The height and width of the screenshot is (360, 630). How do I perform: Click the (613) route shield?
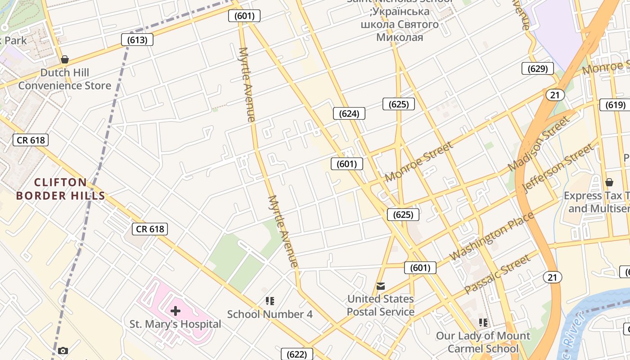(137, 40)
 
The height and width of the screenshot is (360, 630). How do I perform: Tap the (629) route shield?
(537, 68)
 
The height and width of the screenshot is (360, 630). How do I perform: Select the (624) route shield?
(349, 113)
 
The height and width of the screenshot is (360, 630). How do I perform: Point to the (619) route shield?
(615, 105)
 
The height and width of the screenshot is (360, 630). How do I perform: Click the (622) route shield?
(297, 354)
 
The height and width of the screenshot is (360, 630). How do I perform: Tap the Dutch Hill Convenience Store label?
(65, 79)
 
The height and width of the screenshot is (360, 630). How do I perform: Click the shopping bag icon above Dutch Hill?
(65, 59)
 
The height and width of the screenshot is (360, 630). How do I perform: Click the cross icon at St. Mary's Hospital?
(175, 310)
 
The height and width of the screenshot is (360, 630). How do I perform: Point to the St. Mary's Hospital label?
(175, 324)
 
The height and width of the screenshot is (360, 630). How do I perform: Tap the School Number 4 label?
(270, 314)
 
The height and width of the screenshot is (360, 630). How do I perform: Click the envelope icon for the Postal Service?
(381, 286)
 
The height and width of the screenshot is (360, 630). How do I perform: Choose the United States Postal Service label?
(381, 305)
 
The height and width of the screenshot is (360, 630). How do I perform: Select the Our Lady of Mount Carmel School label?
(483, 342)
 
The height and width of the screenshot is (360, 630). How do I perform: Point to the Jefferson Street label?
(558, 167)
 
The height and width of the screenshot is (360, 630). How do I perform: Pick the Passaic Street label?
(497, 274)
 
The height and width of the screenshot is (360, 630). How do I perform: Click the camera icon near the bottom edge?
(63, 351)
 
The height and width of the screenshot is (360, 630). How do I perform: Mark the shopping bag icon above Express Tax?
(609, 182)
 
